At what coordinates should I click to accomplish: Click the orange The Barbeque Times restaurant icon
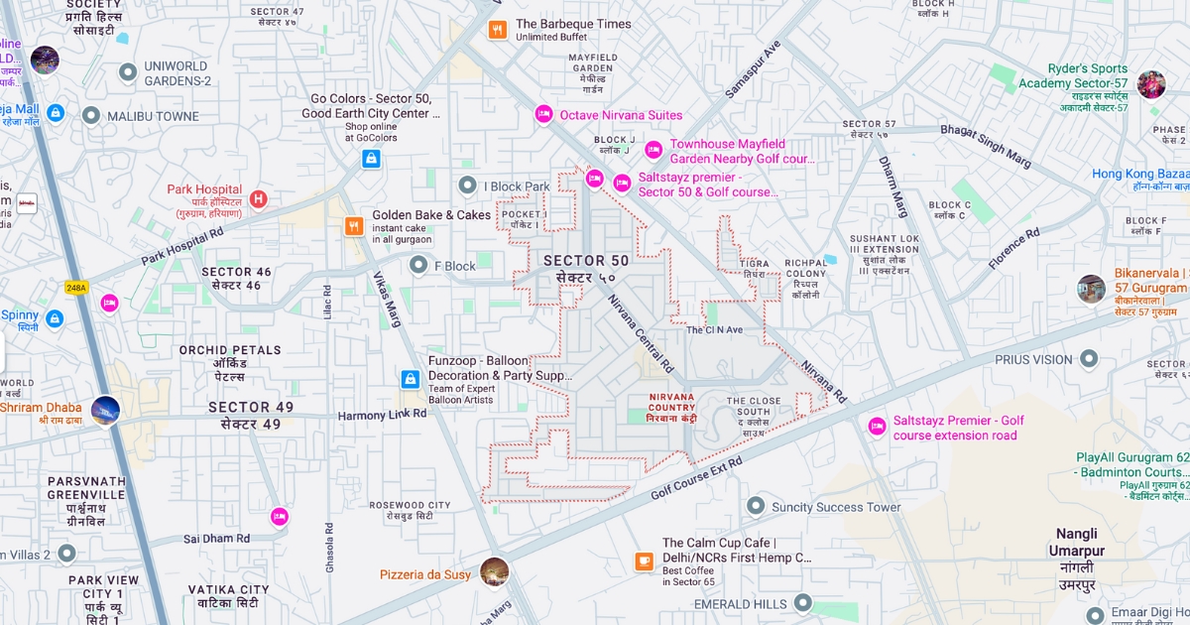coord(498,30)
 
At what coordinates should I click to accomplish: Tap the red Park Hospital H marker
coord(259,199)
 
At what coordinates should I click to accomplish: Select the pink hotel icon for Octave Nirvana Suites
coord(543,115)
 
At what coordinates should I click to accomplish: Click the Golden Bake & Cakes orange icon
coord(354,226)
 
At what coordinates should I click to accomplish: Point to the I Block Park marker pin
coord(468,186)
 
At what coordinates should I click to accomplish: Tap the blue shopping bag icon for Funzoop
coord(410,379)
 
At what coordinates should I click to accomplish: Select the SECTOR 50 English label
coord(586,260)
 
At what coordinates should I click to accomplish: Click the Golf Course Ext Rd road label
coord(696,478)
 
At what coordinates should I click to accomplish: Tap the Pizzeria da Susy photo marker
coord(494,572)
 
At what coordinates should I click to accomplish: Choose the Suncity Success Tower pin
coord(756,507)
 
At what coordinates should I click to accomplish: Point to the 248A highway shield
coord(76,288)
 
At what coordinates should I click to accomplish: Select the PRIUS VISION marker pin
coord(1089,359)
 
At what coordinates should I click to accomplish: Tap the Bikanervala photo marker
coord(1091,289)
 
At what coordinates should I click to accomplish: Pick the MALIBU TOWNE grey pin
coord(91,116)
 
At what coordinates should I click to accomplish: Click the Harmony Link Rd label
coord(382,415)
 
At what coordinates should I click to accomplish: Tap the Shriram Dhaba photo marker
coord(105,410)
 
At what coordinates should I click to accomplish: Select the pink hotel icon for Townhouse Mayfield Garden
coord(654,150)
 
